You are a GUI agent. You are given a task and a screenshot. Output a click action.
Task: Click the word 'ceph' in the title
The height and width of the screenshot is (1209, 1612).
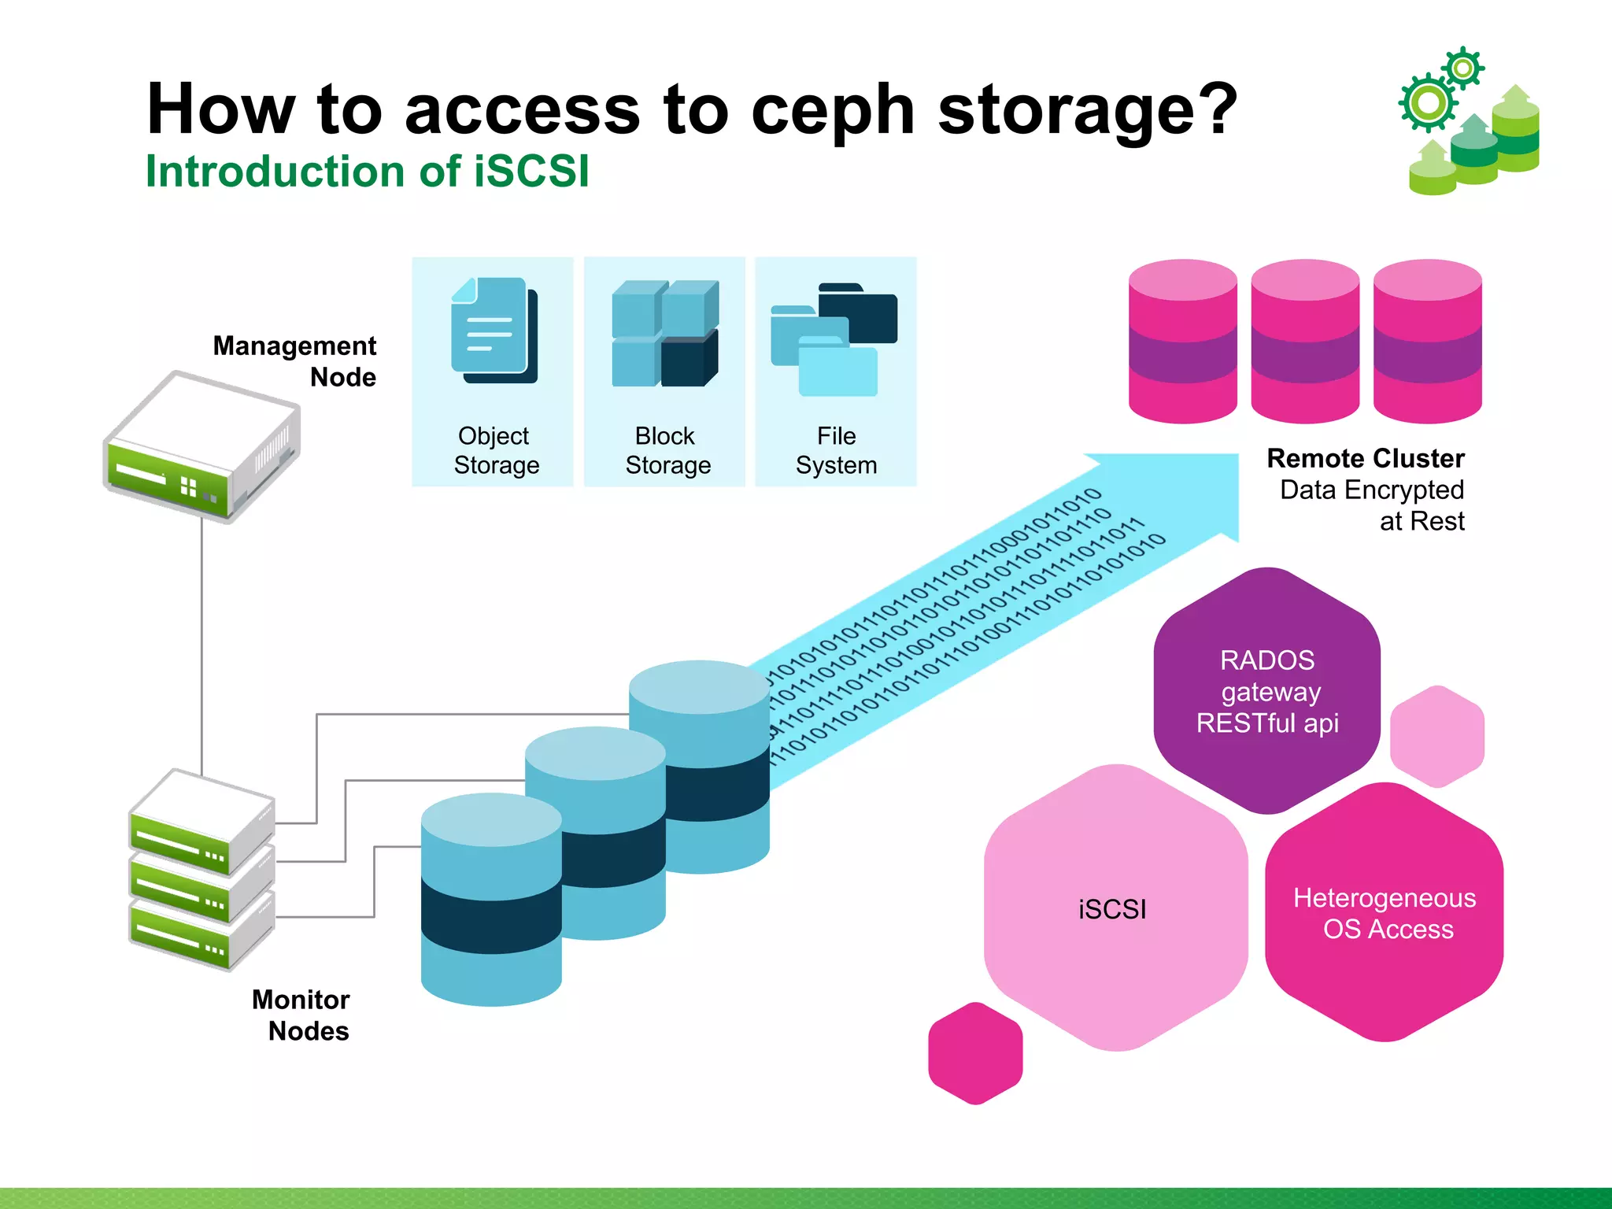832,110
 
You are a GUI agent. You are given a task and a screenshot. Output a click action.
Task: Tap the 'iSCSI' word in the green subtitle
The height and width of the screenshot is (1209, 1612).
531,171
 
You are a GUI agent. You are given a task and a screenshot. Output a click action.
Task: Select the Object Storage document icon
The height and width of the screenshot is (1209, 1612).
494,331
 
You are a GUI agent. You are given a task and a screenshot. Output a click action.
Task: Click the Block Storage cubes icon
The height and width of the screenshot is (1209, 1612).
665,333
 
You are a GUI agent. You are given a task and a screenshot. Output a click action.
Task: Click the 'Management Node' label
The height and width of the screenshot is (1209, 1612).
294,360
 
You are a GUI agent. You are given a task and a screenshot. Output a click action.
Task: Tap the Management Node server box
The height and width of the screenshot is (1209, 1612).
201,445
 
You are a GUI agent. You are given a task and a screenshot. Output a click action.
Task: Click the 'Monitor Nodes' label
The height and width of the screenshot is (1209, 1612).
301,1015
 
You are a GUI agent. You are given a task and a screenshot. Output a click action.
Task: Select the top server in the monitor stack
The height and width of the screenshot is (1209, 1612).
201,819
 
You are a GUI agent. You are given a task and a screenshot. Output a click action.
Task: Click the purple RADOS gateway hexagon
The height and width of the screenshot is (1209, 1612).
1266,691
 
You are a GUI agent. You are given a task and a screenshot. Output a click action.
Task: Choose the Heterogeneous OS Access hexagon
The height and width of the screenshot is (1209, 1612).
1385,913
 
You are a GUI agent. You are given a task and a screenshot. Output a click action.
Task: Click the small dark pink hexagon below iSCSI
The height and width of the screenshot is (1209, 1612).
975,1052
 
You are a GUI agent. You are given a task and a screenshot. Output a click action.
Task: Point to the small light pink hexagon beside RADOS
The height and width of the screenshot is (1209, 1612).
1437,736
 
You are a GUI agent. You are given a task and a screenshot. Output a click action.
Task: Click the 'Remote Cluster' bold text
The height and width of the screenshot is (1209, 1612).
1365,458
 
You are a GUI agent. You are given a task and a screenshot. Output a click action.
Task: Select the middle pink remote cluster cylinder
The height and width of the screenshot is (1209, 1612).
1305,342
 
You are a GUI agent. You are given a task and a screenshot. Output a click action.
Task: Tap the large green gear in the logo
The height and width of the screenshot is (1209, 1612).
1428,102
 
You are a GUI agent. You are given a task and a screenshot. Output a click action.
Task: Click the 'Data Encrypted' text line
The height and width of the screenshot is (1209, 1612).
1371,490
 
